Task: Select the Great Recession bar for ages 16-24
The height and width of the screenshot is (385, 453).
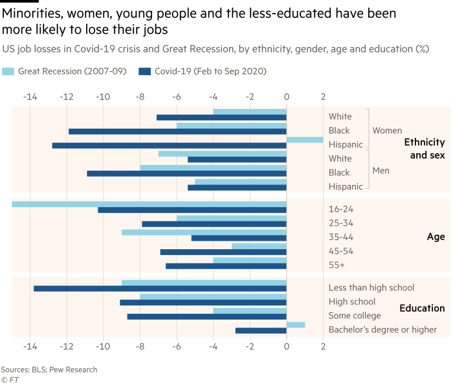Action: click(149, 204)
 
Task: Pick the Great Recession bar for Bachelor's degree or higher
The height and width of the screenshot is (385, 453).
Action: click(296, 325)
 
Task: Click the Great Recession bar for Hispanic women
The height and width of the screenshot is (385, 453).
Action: click(305, 139)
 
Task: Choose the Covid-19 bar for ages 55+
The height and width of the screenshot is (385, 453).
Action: click(226, 265)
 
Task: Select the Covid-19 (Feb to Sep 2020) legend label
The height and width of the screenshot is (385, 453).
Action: click(210, 71)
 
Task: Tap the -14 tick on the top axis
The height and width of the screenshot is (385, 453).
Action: click(30, 97)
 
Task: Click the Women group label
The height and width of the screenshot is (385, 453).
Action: click(387, 131)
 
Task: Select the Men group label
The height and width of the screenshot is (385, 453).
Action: click(381, 171)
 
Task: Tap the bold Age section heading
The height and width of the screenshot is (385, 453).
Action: click(436, 237)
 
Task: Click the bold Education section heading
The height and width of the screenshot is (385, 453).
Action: click(422, 308)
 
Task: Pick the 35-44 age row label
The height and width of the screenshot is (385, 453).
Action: click(341, 237)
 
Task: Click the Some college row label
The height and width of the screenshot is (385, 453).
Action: click(355, 315)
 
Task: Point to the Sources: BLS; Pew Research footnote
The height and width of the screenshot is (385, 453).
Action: click(49, 369)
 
